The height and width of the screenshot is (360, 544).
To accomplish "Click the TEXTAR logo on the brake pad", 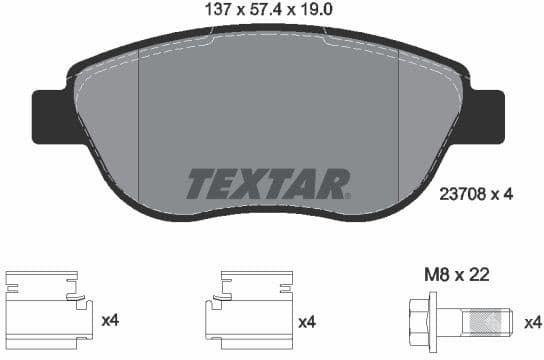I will (x=269, y=183).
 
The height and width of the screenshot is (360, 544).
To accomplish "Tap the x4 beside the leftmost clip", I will (x=111, y=321).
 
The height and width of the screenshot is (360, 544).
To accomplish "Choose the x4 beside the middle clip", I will (x=306, y=321).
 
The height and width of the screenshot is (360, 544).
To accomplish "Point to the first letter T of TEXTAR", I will (x=201, y=183).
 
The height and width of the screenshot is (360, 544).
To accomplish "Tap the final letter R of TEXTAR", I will (x=336, y=183).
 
